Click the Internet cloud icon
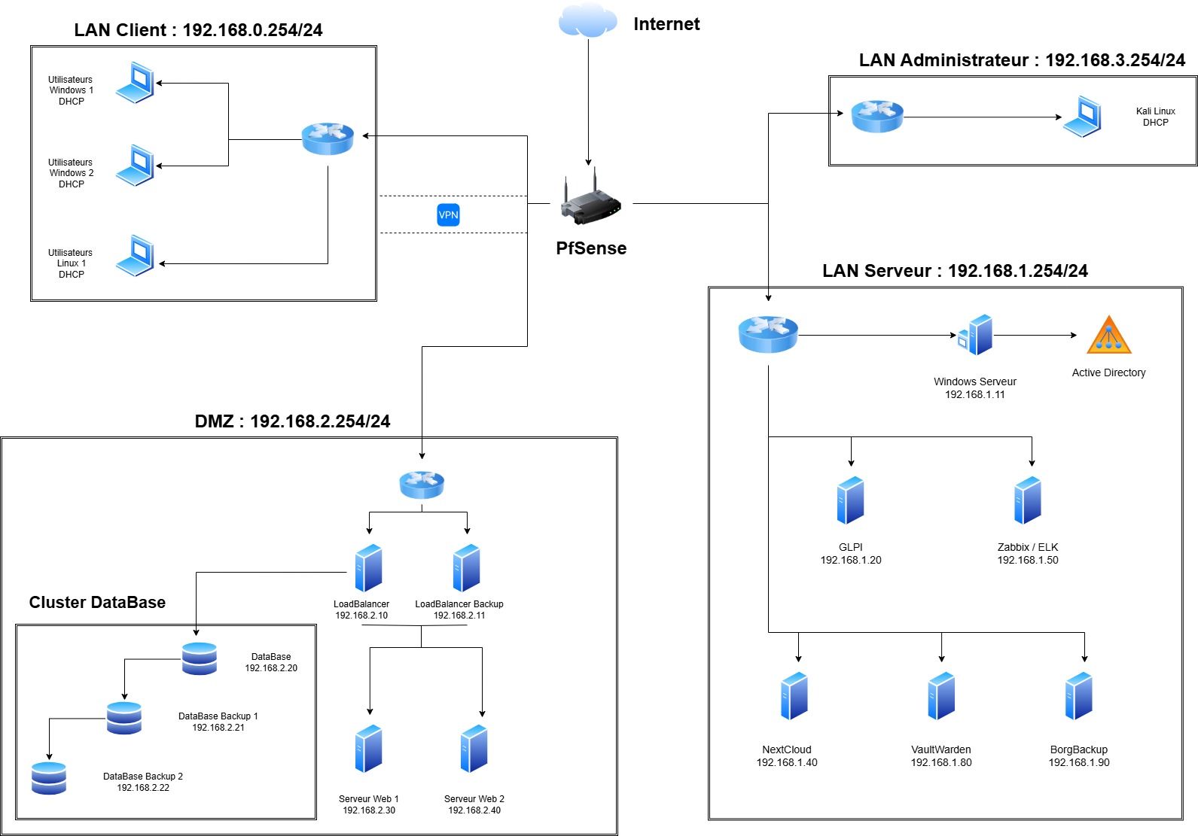(587, 20)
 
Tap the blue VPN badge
(448, 215)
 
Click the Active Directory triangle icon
(1108, 336)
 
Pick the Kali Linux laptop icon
(1082, 117)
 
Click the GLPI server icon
(851, 500)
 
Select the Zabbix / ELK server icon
(1028, 500)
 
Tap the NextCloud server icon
(794, 696)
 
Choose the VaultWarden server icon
(941, 696)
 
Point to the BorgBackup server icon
(1079, 696)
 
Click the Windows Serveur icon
(976, 336)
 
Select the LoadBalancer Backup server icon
(467, 568)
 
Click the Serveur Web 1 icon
(369, 749)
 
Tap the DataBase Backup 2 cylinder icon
(49, 778)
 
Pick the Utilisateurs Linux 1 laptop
(136, 256)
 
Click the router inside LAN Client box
(328, 138)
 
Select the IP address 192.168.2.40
(474, 810)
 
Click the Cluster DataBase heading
(97, 603)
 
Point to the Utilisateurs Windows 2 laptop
(136, 166)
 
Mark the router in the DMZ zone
(422, 485)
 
